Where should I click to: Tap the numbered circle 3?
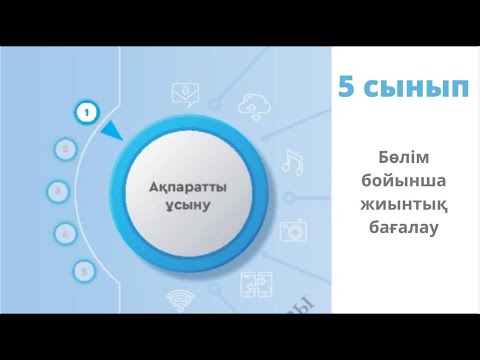59,190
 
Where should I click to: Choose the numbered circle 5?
85,270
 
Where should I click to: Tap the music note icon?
291,160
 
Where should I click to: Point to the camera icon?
293,229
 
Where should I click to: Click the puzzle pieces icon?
253,286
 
